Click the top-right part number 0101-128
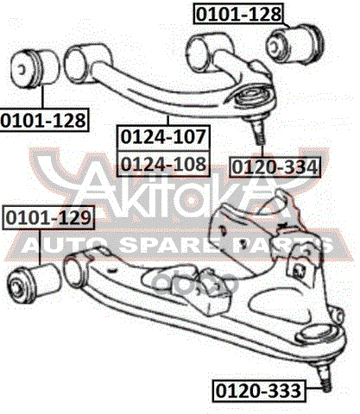[238, 14]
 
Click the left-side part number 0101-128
[43, 120]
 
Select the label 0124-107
[163, 137]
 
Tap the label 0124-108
[163, 164]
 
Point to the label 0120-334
[275, 166]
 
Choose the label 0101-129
[48, 217]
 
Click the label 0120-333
[258, 391]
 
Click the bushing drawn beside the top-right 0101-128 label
[295, 45]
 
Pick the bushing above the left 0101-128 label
[35, 68]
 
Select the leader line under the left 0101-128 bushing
[43, 97]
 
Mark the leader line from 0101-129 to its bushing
[41, 247]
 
